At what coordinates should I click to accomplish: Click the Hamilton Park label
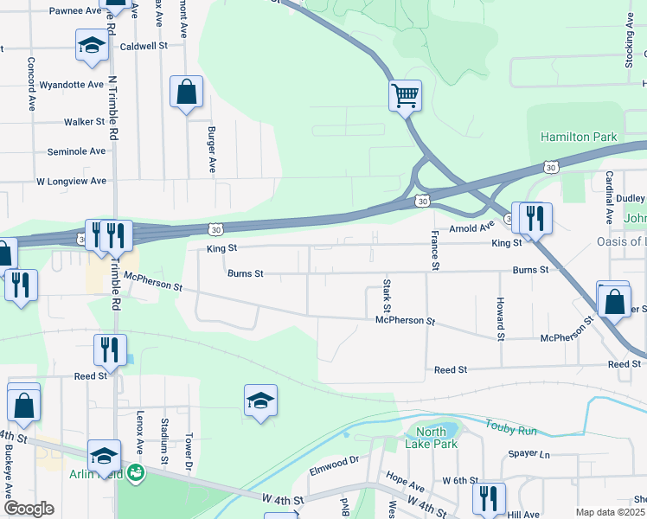pyautogui.click(x=579, y=137)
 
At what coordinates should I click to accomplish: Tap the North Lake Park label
pyautogui.click(x=431, y=438)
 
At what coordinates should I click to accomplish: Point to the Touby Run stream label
pyautogui.click(x=512, y=426)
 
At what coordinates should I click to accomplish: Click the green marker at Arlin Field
pyautogui.click(x=135, y=472)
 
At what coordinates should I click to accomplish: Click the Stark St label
pyautogui.click(x=387, y=296)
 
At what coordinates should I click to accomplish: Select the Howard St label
pyautogui.click(x=500, y=317)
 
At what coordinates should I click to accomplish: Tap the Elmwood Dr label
pyautogui.click(x=334, y=469)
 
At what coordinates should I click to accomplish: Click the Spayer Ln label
pyautogui.click(x=529, y=453)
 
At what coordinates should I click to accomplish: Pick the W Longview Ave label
pyautogui.click(x=71, y=182)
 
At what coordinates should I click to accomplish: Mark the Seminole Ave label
pyautogui.click(x=76, y=151)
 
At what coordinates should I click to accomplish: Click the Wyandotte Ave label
pyautogui.click(x=72, y=85)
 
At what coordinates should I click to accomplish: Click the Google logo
pyautogui.click(x=28, y=509)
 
